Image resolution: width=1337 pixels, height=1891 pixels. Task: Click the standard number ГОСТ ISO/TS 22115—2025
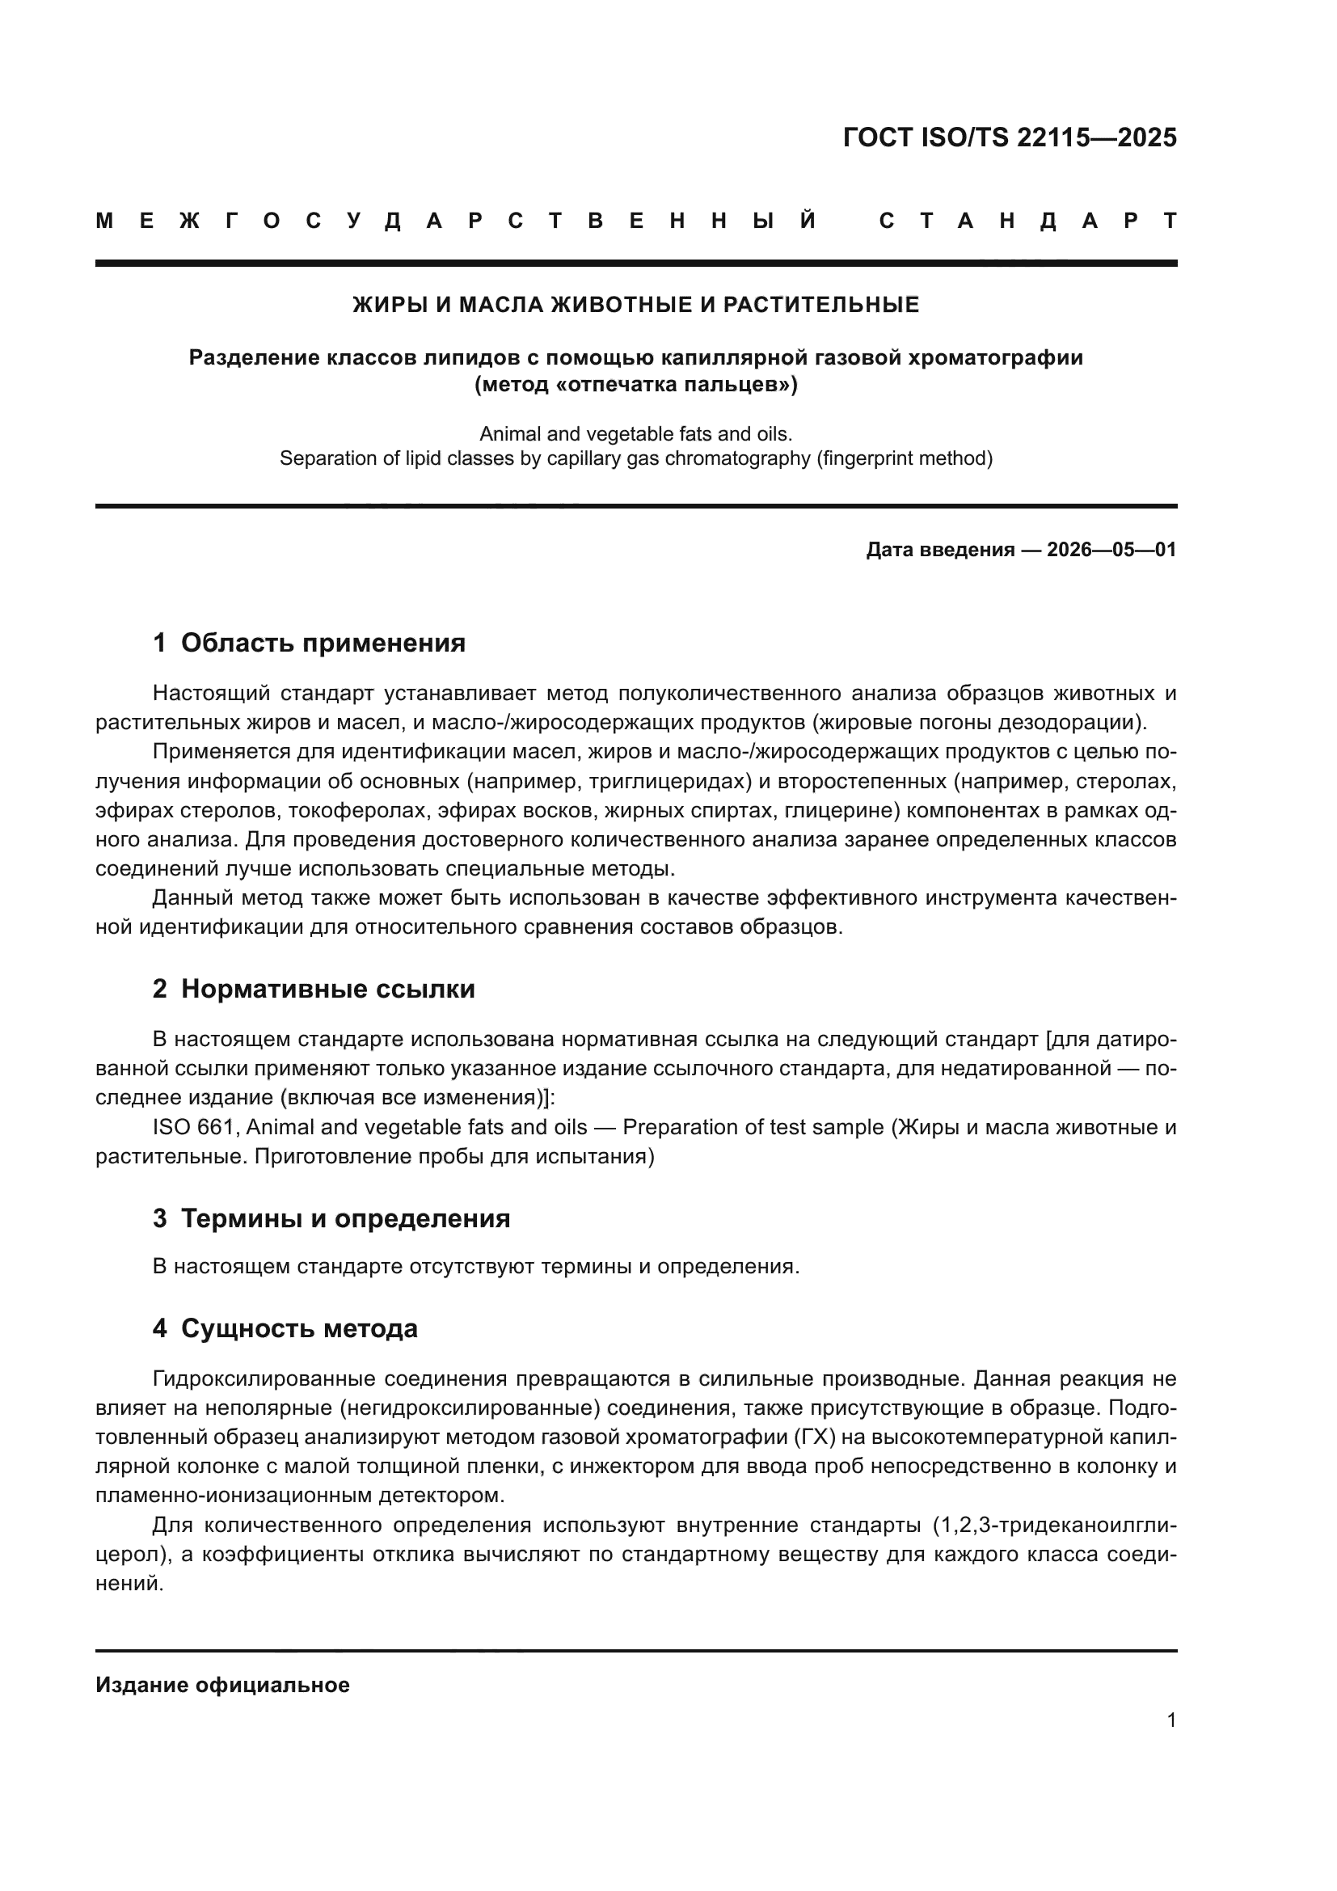(1010, 137)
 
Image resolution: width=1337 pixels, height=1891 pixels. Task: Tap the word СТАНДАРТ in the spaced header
(1027, 221)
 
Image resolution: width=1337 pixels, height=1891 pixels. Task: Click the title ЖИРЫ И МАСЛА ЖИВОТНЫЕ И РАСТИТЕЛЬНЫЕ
(635, 305)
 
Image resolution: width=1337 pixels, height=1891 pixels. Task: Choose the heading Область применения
(323, 643)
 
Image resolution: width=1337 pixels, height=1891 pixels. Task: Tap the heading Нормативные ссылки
(327, 988)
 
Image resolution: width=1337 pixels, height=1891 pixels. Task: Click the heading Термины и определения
(345, 1218)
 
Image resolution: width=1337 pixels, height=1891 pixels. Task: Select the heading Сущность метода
(299, 1328)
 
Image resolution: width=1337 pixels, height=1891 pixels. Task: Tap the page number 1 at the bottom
(1170, 1720)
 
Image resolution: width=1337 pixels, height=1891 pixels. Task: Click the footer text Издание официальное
(222, 1685)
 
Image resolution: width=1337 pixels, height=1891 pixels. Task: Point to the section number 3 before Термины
(159, 1218)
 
